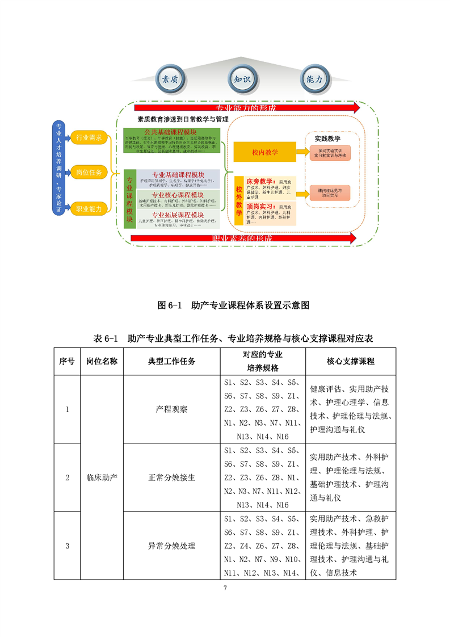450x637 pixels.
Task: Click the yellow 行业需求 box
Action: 89,137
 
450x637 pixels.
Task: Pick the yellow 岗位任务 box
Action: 89,172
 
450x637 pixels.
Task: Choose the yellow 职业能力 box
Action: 89,209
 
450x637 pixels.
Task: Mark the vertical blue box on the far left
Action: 58,169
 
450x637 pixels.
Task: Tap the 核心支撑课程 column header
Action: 350,361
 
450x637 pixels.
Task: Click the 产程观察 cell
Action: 171,409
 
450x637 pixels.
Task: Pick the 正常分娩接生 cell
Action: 171,477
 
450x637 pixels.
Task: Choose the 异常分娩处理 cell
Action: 171,546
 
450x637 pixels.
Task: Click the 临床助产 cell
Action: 102,477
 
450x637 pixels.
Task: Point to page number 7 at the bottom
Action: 225,588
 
